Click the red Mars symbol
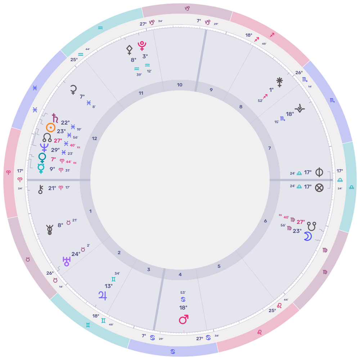[184, 319]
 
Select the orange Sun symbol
[51, 127]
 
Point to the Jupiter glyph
[103, 296]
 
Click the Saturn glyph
[55, 118]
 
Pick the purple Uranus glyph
[67, 261]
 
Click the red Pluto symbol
[142, 46]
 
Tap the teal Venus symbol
[42, 158]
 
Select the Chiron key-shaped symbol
[41, 189]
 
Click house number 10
[180, 85]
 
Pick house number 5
[219, 266]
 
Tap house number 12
[94, 138]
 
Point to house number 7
[269, 148]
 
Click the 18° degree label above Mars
[183, 308]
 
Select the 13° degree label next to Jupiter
[109, 286]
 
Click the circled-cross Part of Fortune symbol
[319, 187]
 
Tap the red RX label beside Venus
[75, 163]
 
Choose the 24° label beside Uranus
[76, 254]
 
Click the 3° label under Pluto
[145, 56]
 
